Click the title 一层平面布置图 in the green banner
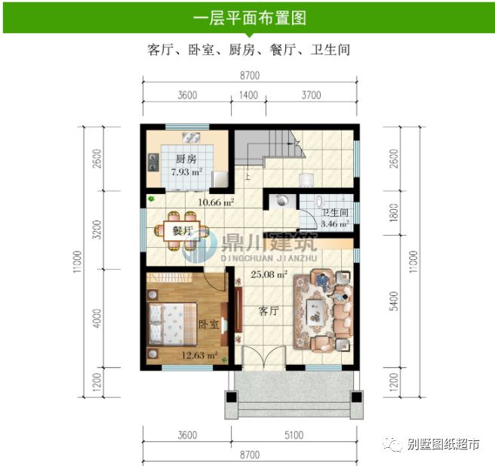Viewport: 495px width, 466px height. coord(249,17)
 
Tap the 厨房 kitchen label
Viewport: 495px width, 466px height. coord(186,159)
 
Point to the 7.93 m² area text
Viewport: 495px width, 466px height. coord(186,173)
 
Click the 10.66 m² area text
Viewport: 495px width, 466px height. coord(216,202)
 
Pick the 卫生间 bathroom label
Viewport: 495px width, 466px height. coord(334,213)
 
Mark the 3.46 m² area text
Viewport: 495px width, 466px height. coord(334,224)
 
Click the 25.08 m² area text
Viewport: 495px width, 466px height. coord(269,275)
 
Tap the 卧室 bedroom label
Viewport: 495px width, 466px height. coord(209,325)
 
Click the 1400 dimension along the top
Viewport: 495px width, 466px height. coord(248,95)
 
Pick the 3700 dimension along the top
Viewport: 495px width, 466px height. coord(311,95)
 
